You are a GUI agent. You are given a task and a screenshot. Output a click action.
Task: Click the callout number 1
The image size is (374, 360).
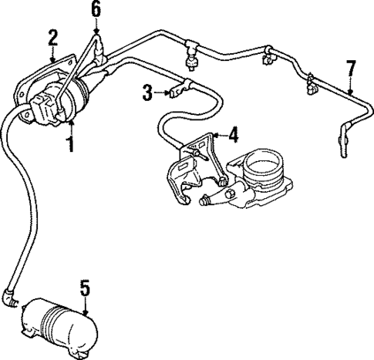[71, 143]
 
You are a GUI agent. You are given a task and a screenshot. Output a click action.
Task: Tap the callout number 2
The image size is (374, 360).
[52, 36]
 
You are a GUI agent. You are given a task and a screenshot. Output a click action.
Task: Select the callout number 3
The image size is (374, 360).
[147, 94]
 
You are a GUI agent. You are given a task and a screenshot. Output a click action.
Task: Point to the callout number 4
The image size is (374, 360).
[232, 136]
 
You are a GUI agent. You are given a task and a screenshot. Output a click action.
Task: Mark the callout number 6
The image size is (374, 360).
[95, 9]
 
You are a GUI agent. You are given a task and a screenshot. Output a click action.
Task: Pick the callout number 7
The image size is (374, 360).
[351, 69]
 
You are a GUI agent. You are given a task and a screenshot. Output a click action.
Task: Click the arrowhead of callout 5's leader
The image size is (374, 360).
[85, 308]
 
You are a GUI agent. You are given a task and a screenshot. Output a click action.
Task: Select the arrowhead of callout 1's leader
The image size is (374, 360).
[71, 123]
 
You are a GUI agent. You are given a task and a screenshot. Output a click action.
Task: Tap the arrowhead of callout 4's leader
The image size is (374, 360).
[211, 136]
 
